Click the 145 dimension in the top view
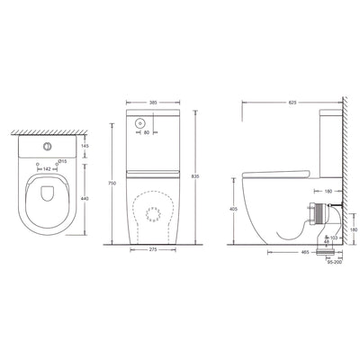pyautogui.click(x=85, y=146)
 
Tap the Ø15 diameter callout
pyautogui.click(x=61, y=161)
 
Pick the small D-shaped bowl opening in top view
pyautogui.click(x=44, y=199)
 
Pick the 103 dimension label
pyautogui.click(x=334, y=238)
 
